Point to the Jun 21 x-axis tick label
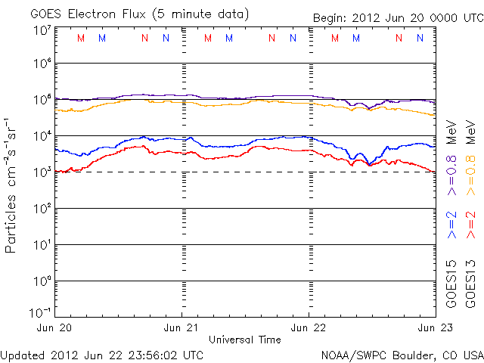(x=182, y=327)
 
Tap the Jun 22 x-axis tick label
(x=309, y=327)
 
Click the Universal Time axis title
(x=245, y=340)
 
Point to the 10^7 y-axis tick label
(x=42, y=30)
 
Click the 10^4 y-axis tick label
(x=42, y=136)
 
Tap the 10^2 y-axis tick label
(x=42, y=209)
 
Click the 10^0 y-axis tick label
(x=42, y=281)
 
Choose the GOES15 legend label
(x=451, y=284)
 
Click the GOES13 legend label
(x=471, y=284)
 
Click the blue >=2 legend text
(x=451, y=225)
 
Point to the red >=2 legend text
(x=471, y=225)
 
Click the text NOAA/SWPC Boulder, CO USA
(x=402, y=354)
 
